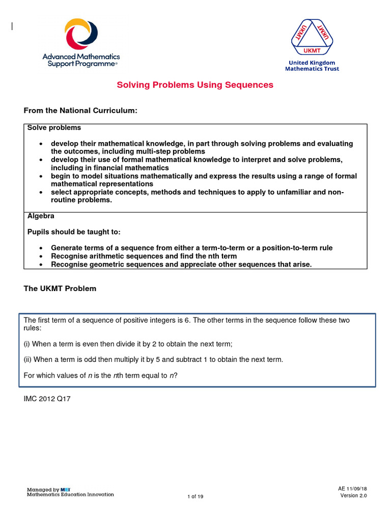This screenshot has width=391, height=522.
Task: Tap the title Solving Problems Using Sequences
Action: click(x=195, y=85)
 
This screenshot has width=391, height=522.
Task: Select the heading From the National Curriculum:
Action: click(x=81, y=111)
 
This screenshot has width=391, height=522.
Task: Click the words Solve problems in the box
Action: click(x=54, y=128)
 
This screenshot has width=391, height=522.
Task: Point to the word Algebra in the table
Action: click(x=41, y=216)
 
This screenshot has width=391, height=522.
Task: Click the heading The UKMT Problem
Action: click(x=60, y=289)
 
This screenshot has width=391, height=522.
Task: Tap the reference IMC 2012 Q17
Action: click(x=47, y=399)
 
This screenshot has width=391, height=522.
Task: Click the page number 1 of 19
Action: click(x=195, y=497)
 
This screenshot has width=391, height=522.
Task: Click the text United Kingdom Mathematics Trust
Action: click(x=312, y=66)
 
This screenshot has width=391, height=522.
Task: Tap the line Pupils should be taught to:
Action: click(x=74, y=232)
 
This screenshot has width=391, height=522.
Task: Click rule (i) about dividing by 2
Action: click(x=128, y=344)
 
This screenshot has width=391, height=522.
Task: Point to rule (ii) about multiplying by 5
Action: click(x=153, y=359)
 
